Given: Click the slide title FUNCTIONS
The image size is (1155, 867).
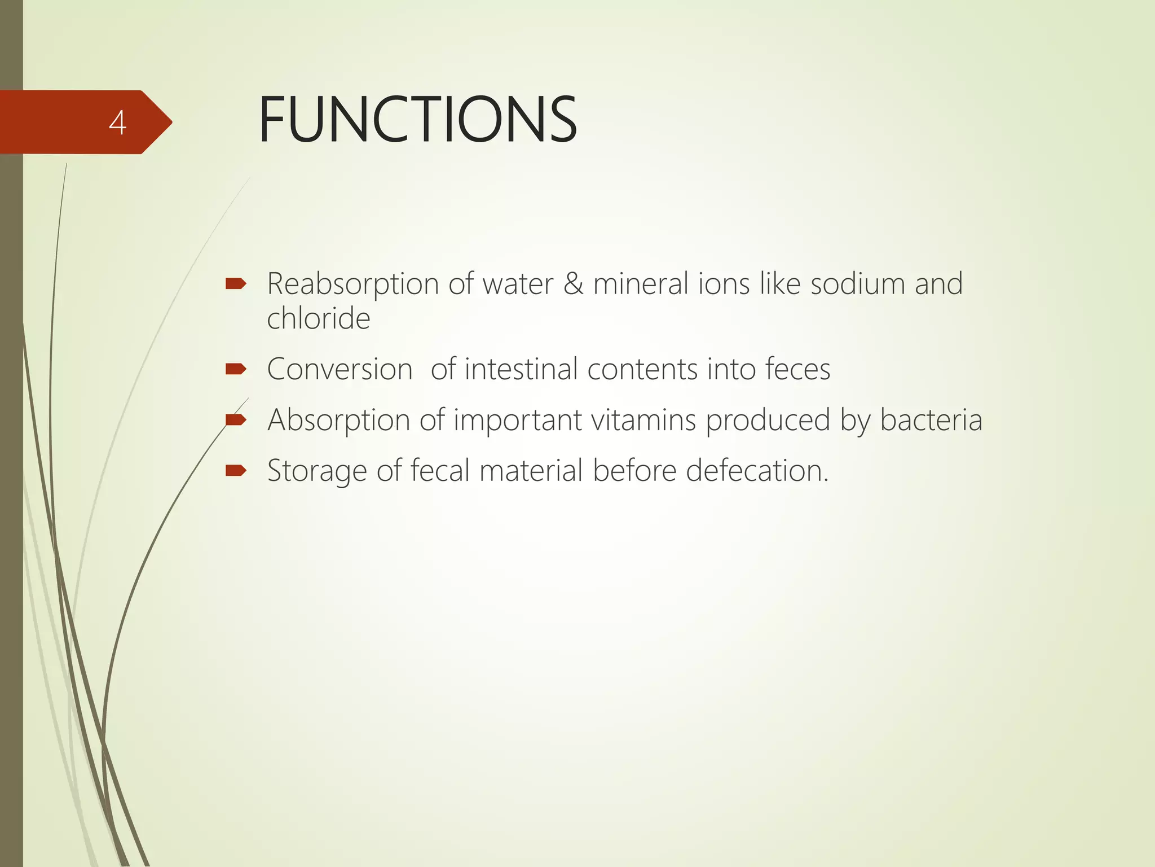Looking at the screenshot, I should [x=417, y=120].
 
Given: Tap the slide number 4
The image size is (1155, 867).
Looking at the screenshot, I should [x=117, y=122].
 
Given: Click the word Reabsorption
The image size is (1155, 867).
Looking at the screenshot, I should [x=352, y=284].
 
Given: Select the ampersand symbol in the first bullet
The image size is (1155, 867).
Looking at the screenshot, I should [x=573, y=283].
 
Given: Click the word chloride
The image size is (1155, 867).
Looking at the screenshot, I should [x=319, y=318].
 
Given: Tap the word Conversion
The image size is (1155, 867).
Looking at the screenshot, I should [x=340, y=370].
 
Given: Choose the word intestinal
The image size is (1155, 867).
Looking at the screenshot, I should [x=521, y=370].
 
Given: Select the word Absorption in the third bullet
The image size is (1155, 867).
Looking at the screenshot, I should [x=339, y=421].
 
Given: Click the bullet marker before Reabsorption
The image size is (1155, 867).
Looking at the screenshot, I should [x=235, y=283].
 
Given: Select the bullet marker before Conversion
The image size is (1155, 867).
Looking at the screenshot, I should [x=235, y=369].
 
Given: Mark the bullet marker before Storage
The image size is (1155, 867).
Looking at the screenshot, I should [x=235, y=470].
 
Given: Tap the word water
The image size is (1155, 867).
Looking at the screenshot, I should [x=518, y=283].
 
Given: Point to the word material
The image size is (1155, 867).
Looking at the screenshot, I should [x=531, y=471].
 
